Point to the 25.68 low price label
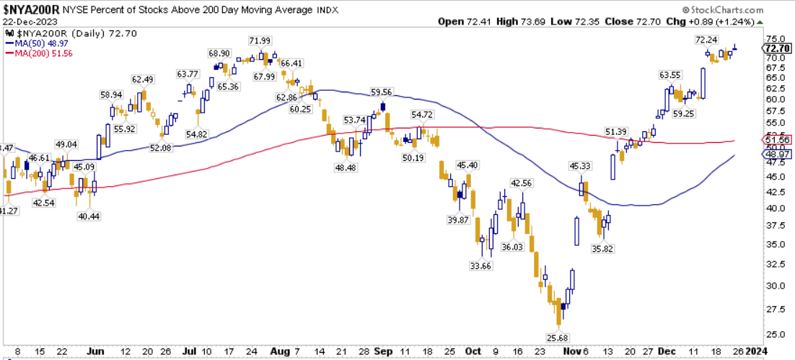pos(557,337)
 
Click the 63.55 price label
pos(670,75)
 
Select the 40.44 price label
pos(89,216)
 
